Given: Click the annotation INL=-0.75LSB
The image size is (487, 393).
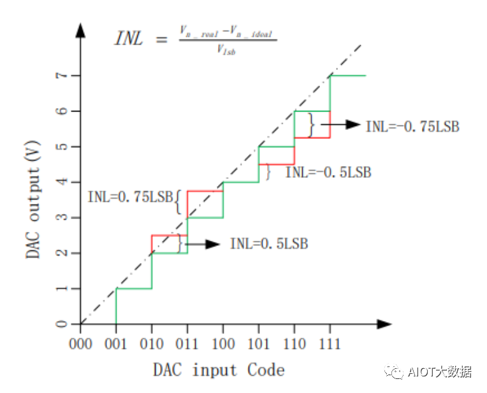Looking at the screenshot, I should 412,127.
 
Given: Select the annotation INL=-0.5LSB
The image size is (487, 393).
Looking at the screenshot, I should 328,172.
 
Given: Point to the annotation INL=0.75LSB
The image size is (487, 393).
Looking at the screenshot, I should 131,197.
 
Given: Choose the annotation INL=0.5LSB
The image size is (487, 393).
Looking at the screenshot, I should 269,244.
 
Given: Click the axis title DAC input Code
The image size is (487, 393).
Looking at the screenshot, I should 219,369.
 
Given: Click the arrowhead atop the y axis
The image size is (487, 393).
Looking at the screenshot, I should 81,29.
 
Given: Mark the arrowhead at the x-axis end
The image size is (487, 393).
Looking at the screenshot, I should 384,324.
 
